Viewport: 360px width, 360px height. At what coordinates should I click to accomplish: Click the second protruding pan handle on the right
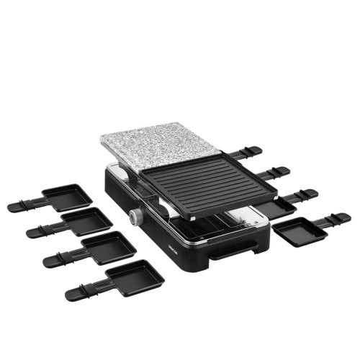276,171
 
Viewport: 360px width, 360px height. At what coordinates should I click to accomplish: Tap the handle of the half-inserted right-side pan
299,194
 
